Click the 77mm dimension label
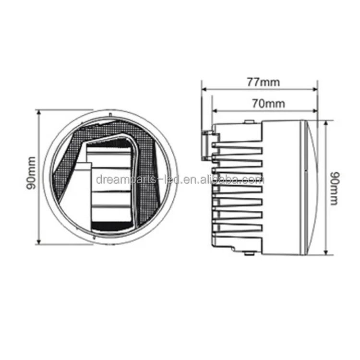[x=264, y=82]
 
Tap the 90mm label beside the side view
[x=334, y=188]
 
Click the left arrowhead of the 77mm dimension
[x=204, y=89]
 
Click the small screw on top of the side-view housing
[x=248, y=121]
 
